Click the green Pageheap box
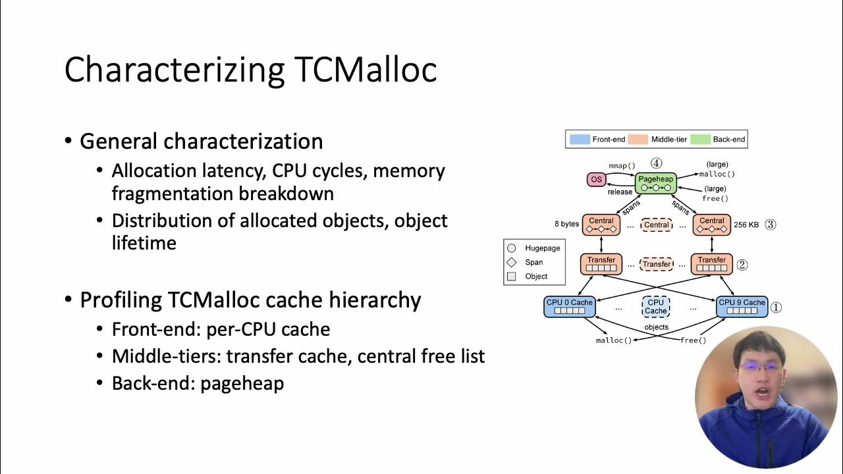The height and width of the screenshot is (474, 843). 655,182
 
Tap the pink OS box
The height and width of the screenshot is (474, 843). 596,180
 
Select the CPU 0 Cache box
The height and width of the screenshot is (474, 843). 569,307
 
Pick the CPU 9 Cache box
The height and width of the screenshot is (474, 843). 742,307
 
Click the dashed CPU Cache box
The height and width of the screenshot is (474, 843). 655,307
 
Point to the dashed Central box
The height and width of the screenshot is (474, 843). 656,225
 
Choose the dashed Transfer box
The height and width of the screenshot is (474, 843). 656,264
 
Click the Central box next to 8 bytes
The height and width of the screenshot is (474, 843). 601,225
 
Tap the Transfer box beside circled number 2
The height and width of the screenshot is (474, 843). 712,264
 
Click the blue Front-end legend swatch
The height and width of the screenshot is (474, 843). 579,140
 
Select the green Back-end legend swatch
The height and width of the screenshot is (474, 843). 701,140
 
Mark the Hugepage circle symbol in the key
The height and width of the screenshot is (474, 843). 512,248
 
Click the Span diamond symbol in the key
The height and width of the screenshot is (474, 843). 512,262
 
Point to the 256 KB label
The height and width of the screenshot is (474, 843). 746,225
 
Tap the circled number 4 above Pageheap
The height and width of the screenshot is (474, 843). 656,163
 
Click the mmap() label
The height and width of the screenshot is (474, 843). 622,166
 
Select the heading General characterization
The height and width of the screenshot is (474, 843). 201,142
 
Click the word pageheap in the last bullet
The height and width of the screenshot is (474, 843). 242,384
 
